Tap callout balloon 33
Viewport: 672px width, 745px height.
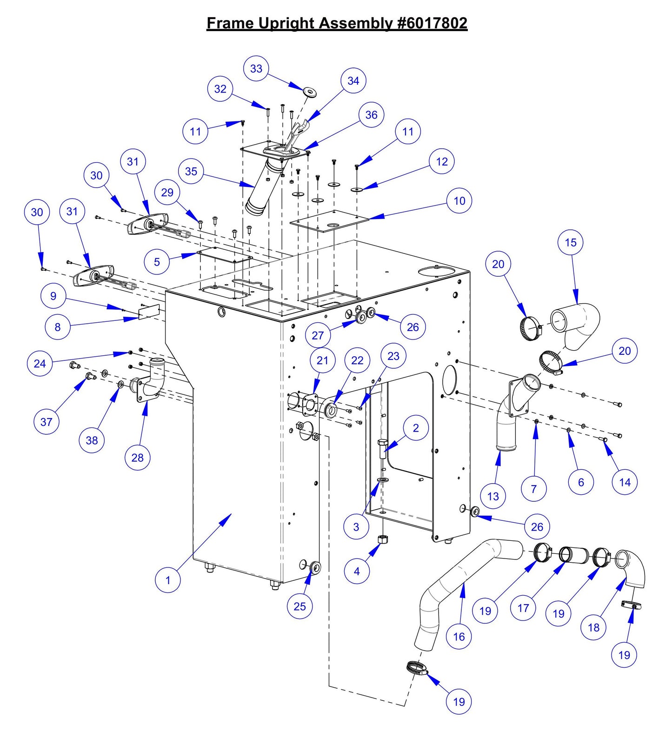click(256, 68)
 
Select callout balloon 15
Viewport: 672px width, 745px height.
click(571, 242)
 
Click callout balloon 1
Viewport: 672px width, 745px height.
click(168, 580)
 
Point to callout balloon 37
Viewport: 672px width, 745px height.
click(47, 422)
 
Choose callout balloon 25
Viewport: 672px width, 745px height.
click(300, 606)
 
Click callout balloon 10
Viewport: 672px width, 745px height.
click(459, 201)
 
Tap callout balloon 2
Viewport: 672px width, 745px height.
click(416, 428)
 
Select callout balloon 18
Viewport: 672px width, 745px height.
click(594, 627)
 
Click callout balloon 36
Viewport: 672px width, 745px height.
click(372, 115)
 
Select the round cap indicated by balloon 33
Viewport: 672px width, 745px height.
click(309, 92)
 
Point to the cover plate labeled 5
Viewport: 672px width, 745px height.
click(224, 256)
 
